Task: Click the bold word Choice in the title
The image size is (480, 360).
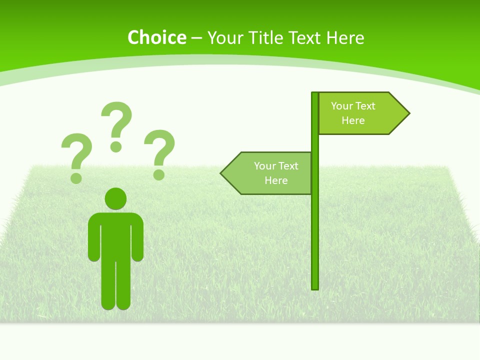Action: (156, 38)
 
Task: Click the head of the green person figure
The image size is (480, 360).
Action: (115, 199)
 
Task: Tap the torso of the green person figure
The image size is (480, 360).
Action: (115, 235)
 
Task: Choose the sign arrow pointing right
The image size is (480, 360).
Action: (360, 113)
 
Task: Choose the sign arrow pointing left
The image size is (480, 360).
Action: (270, 173)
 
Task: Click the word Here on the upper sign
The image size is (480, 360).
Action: (353, 120)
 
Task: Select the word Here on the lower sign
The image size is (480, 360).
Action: (276, 180)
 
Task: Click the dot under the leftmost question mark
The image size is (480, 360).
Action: (76, 177)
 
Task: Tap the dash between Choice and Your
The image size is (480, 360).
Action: (196, 38)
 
